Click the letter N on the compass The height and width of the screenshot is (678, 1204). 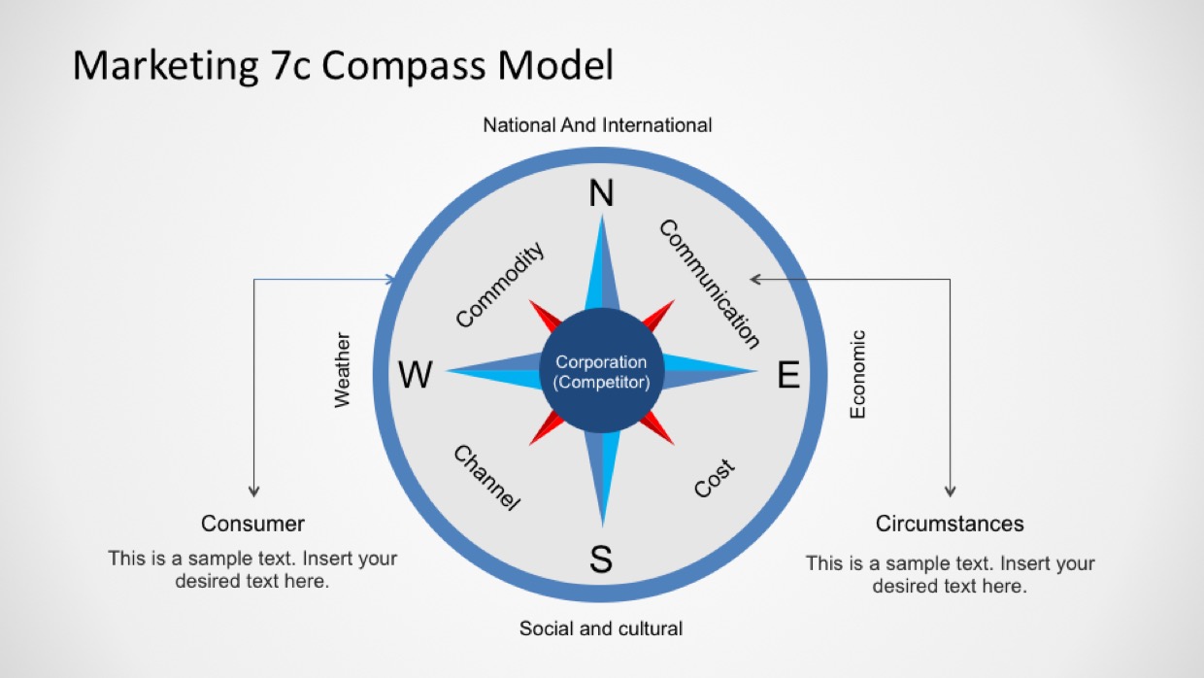pos(601,193)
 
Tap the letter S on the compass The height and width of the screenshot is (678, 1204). pos(601,559)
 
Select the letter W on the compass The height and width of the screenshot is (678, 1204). pos(415,374)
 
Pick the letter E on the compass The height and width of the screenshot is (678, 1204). pos(788,374)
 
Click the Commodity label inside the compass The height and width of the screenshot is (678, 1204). pos(499,285)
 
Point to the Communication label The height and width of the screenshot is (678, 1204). pos(710,284)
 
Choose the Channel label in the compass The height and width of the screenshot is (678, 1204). pos(487,478)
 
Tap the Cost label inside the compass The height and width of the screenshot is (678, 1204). pos(714,478)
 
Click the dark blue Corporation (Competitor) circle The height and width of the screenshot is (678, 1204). pos(602,370)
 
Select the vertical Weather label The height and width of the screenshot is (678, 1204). pos(343,370)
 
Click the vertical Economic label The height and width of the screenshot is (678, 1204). pos(857,374)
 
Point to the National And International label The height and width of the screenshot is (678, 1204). pos(597,125)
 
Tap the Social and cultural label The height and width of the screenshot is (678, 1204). pos(601,628)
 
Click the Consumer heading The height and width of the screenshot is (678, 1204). pos(252,524)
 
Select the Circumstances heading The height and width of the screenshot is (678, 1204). pos(950,524)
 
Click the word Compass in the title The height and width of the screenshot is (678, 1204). pos(403,65)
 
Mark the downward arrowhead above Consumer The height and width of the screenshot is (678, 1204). pos(253,492)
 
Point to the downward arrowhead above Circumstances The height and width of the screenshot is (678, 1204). pos(950,492)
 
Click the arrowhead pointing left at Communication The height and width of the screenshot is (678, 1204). pos(755,279)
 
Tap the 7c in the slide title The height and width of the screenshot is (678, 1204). pos(290,65)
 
